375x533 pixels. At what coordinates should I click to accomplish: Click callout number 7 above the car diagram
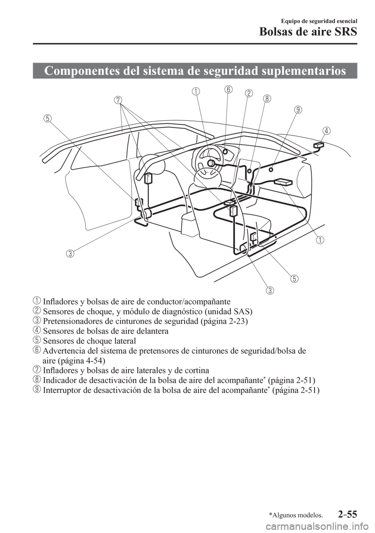[118, 100]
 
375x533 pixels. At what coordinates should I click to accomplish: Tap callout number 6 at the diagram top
[228, 90]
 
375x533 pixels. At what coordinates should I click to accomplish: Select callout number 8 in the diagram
[267, 99]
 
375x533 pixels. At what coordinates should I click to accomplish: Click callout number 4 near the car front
[327, 131]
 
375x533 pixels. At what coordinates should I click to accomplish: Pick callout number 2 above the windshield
[248, 93]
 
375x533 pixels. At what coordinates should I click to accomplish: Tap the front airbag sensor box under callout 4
[319, 145]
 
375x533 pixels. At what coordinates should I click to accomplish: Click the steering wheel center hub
[211, 163]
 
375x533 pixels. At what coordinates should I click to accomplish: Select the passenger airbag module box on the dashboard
[283, 182]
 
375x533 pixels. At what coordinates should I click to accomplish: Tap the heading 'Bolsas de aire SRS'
[308, 32]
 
